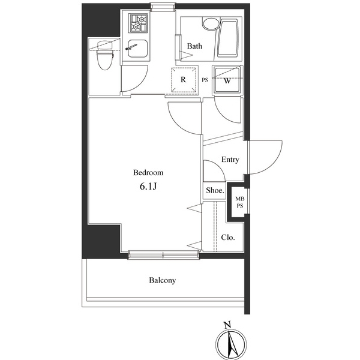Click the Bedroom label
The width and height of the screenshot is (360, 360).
(148, 172)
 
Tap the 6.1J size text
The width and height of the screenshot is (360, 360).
(148, 187)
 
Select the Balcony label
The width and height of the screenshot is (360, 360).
(163, 280)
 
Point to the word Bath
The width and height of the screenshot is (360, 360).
(194, 46)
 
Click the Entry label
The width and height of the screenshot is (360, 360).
(230, 160)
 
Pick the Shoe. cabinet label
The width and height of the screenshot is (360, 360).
(215, 190)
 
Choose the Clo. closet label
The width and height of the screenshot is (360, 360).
(228, 237)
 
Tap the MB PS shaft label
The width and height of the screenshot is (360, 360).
(240, 202)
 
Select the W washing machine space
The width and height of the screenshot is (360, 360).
(227, 80)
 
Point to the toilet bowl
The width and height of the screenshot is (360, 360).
(105, 55)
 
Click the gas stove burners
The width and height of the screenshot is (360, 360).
(139, 23)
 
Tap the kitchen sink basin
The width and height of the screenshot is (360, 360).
(137, 49)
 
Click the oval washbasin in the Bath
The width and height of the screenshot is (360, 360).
(211, 24)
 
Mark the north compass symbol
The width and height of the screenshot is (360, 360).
(232, 345)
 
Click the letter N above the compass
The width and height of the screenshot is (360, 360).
(227, 325)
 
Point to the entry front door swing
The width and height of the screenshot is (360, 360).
(265, 157)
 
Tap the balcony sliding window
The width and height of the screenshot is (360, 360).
(163, 255)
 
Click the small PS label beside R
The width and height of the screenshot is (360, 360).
(205, 80)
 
